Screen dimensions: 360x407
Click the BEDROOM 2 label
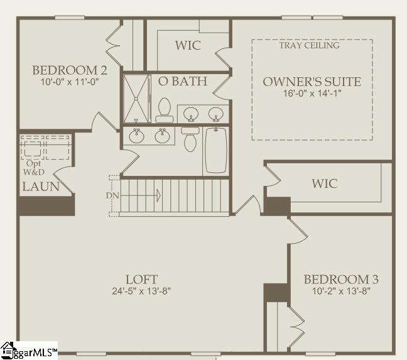click(x=65, y=70)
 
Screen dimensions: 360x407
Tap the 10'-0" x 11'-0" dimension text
click(x=65, y=81)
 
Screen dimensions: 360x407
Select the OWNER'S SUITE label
click(x=312, y=82)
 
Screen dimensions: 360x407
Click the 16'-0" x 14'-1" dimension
click(x=312, y=93)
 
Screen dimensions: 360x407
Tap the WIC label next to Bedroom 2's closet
click(x=188, y=46)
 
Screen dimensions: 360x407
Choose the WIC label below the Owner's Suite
click(x=325, y=183)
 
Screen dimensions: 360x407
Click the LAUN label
click(x=41, y=187)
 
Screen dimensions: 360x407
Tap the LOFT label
click(x=141, y=279)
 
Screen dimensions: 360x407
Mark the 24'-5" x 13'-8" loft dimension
click(x=141, y=291)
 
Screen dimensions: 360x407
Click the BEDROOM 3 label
click(x=340, y=280)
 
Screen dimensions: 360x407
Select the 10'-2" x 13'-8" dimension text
click(x=340, y=291)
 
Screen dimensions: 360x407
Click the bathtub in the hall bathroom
click(x=215, y=151)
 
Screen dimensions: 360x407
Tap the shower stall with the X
click(x=136, y=98)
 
